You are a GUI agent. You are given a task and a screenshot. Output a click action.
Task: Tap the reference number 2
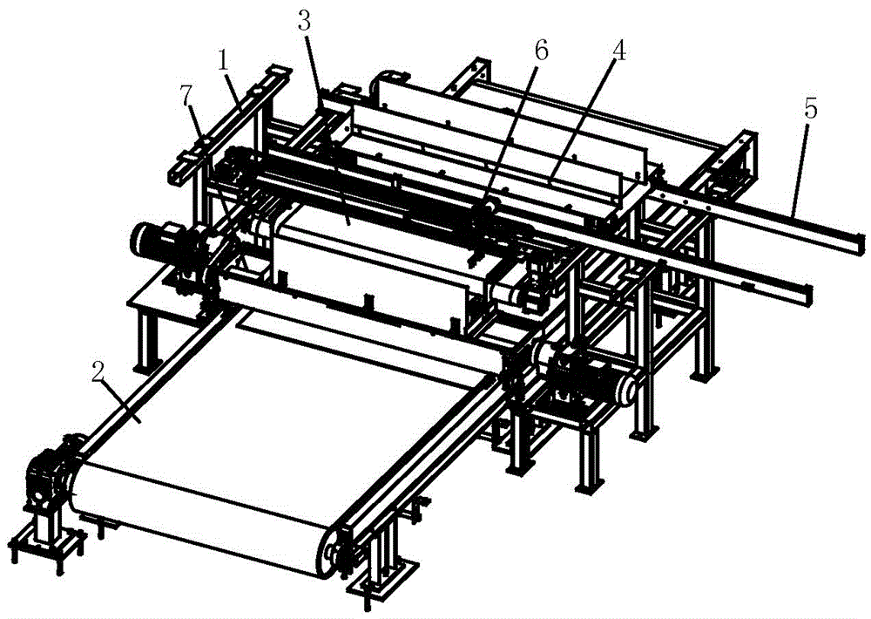[x=98, y=373]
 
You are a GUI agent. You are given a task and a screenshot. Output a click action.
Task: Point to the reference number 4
[x=619, y=51]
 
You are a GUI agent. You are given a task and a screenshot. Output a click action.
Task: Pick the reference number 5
[x=810, y=110]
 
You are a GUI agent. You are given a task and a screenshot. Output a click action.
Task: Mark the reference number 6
[x=541, y=51]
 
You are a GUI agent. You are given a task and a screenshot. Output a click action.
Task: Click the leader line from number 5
[x=798, y=168]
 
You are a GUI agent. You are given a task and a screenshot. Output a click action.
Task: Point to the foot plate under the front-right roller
[x=383, y=578]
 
